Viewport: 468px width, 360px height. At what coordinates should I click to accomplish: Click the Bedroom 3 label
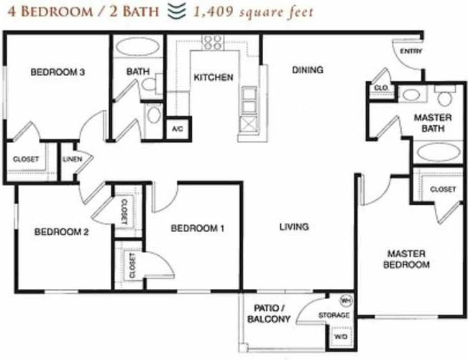pos(58,73)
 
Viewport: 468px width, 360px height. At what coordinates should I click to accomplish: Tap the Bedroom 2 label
pos(61,231)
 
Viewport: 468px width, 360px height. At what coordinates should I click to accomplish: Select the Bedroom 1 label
pos(198,229)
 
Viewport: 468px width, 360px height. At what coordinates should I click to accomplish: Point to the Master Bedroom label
pos(407,259)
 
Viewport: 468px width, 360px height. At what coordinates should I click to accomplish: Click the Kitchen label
pos(213,77)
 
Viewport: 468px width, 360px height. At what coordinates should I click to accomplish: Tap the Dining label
pos(307,70)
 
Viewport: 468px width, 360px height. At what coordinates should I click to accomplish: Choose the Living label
pos(294,227)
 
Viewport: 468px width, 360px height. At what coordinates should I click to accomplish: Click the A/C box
pos(177,129)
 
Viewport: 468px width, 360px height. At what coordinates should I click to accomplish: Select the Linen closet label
pos(70,159)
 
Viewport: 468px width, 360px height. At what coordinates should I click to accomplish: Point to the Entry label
pos(412,51)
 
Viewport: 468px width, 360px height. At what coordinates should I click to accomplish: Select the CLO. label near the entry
pos(380,88)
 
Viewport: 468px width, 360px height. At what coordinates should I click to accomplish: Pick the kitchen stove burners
pos(213,42)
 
